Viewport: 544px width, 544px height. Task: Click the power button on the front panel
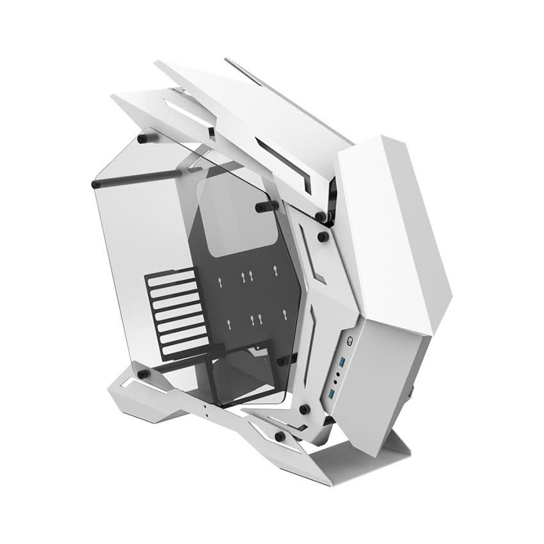point(351,341)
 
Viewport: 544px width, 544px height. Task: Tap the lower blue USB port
point(333,390)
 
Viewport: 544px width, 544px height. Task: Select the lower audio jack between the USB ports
point(336,381)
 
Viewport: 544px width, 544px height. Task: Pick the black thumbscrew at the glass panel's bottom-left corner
point(143,372)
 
